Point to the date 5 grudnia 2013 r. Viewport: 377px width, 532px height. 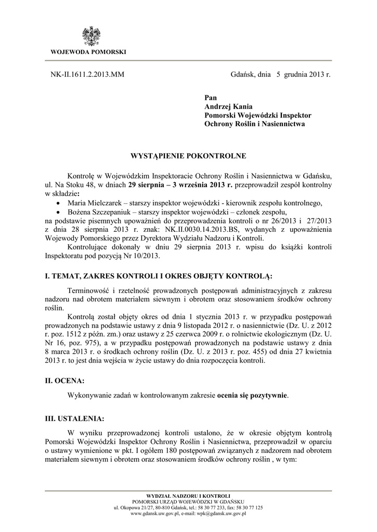coord(303,75)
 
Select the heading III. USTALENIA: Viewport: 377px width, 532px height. coord(74,418)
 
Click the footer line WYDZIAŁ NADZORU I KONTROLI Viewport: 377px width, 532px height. coord(188,497)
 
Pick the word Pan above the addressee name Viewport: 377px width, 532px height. coord(210,97)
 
